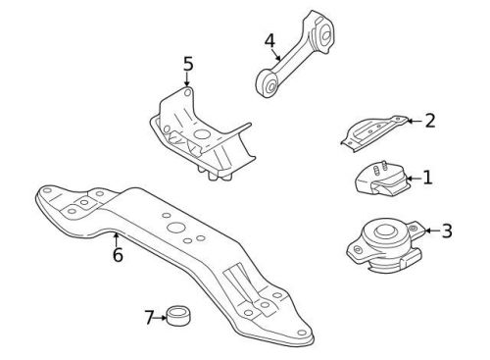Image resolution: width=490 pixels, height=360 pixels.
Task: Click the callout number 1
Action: click(x=427, y=179)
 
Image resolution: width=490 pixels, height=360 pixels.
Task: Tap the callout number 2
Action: click(x=429, y=121)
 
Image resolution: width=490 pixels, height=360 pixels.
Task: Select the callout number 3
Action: click(x=446, y=231)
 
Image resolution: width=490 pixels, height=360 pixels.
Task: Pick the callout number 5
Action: click(x=187, y=65)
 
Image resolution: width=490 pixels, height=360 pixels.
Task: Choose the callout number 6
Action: click(x=117, y=255)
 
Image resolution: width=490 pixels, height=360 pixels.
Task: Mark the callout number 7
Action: click(x=150, y=317)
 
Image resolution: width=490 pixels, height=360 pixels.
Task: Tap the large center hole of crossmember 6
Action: click(x=177, y=229)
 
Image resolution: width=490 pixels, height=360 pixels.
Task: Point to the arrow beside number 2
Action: click(x=414, y=122)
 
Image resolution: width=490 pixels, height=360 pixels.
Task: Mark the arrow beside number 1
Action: click(x=413, y=179)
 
